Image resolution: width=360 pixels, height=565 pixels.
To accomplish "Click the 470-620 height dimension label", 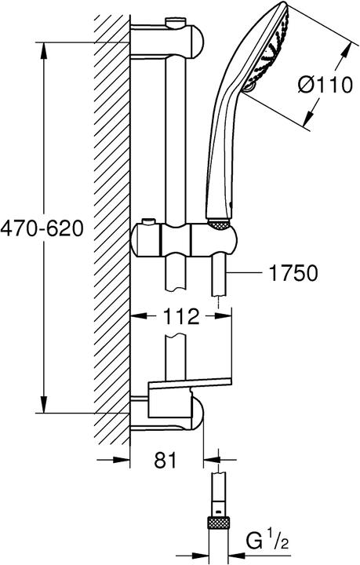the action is (42, 228).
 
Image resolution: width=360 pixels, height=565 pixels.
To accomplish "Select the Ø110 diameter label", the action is (325, 86).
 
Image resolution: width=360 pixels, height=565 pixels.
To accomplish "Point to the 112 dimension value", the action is (181, 316).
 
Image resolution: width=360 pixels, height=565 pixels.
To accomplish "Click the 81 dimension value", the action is (166, 460).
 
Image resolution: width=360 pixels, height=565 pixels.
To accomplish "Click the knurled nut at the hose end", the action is (219, 524).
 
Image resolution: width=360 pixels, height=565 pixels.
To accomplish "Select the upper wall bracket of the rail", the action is (166, 41).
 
